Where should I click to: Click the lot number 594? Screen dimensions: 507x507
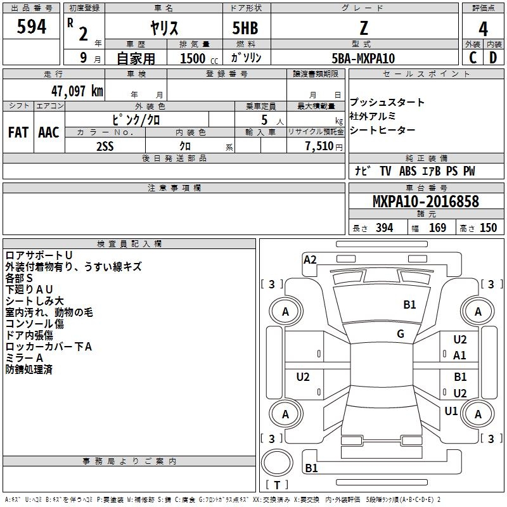click(31, 27)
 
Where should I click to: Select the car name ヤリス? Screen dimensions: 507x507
click(164, 28)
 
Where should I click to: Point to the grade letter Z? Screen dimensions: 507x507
click(364, 28)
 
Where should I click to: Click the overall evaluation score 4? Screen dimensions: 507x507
click(484, 29)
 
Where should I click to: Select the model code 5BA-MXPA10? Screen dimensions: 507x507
click(363, 58)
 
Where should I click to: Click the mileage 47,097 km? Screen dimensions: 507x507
click(72, 91)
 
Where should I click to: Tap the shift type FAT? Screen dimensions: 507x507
click(18, 132)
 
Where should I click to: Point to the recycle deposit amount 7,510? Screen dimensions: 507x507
click(318, 146)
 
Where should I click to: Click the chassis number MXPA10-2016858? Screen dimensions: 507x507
click(425, 202)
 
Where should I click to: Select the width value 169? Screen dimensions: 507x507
click(437, 228)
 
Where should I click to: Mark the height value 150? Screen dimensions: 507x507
click(488, 228)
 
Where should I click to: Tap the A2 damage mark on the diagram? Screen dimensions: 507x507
click(310, 259)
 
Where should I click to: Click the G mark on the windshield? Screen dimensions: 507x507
click(401, 334)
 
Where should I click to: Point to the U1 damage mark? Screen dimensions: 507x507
click(451, 411)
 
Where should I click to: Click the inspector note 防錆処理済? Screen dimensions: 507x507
click(29, 369)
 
